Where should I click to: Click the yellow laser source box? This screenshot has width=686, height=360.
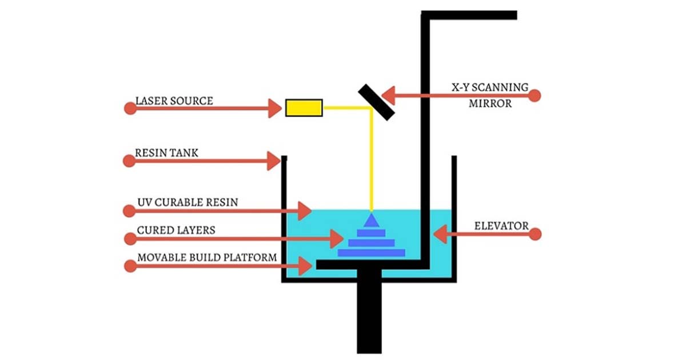pos(304,107)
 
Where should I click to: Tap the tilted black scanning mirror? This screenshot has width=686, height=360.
pos(376,102)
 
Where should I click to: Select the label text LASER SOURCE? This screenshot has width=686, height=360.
pos(174,101)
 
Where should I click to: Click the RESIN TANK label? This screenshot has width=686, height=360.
pos(167,153)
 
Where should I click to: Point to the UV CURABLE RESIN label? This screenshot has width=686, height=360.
pos(188,202)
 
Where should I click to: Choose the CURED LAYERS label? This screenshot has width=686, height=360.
pos(176,230)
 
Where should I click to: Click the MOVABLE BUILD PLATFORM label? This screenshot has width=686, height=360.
pos(207,258)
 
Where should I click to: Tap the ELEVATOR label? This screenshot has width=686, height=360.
pos(501,226)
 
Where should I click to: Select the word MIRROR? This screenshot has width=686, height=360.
pos(490,104)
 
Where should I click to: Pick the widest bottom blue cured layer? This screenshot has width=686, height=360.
pos(372,252)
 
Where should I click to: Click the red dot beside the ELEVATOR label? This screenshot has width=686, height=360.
pos(535,234)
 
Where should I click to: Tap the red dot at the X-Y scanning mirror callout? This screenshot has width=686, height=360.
pos(535,94)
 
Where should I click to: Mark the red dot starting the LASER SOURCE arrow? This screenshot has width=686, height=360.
pos(130,108)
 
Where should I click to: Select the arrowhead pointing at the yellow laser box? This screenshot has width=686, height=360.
pos(276,108)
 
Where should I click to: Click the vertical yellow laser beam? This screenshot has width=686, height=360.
pos(372,166)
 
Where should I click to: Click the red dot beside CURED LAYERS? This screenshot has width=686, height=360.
pos(130,238)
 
